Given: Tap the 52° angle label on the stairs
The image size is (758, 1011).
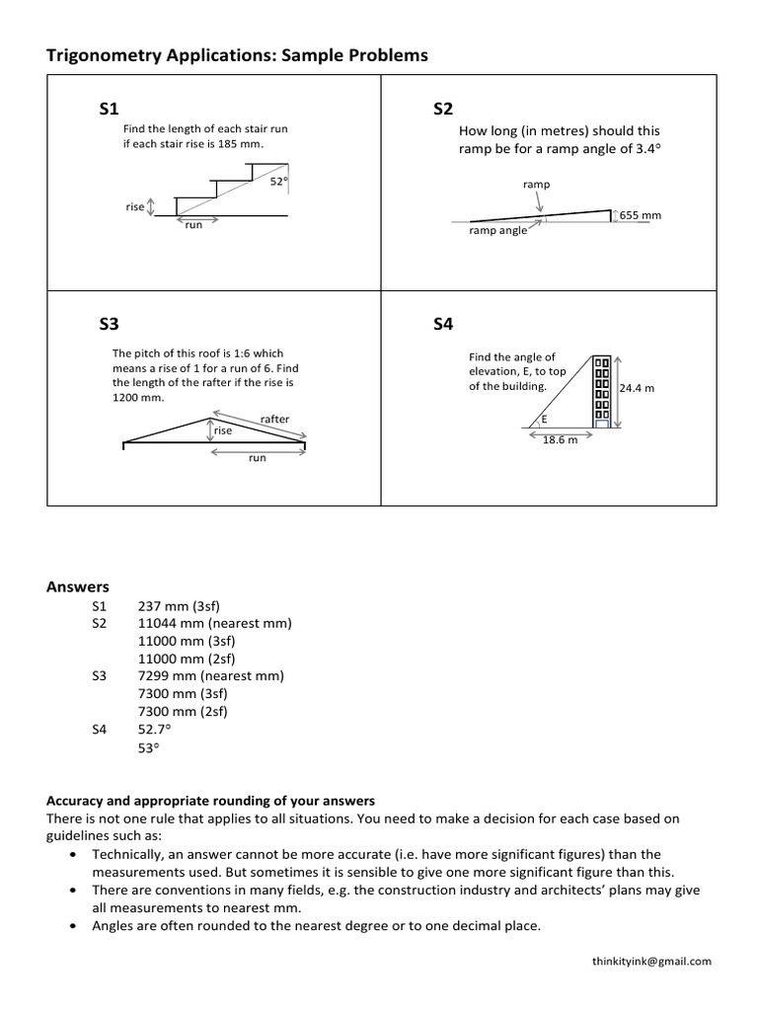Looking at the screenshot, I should [x=279, y=181].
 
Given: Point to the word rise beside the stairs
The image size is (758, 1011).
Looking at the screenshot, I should [x=134, y=207].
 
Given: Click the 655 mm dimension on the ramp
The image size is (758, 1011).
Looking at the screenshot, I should [x=641, y=215].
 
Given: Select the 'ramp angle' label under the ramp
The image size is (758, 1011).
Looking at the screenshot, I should [x=497, y=231].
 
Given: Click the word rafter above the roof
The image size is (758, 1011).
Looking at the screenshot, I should [x=274, y=419].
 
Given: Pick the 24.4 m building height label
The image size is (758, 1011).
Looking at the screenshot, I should [x=637, y=389].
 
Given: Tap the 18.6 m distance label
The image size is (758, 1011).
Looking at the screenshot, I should [x=560, y=440].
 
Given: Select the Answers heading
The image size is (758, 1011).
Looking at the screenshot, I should [x=78, y=586].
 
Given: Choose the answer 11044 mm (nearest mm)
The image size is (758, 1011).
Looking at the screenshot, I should [x=215, y=623].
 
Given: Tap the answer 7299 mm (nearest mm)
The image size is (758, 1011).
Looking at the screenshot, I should [x=211, y=676].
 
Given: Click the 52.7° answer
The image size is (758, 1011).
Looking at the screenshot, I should [x=155, y=730].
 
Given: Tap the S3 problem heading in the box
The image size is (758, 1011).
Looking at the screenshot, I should [x=109, y=324].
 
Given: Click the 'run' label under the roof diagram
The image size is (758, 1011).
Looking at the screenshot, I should [x=257, y=458].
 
